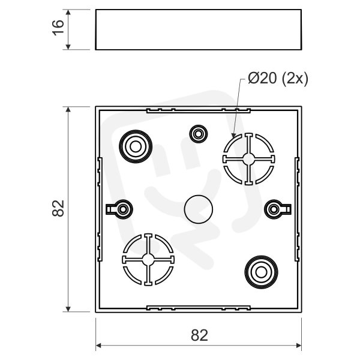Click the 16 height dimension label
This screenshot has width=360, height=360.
58,28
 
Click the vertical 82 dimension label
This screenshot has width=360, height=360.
58,208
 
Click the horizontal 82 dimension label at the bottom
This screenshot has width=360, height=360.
199,335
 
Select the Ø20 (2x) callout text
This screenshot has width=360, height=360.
278,79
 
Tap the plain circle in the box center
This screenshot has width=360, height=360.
199,209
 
